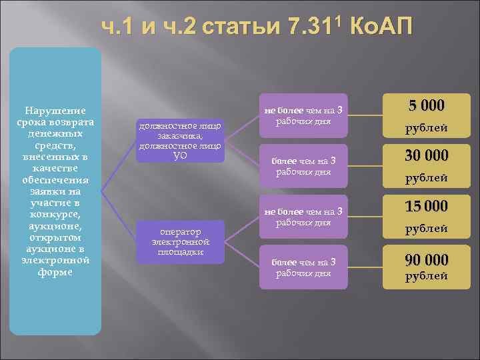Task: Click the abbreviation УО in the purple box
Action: point(179,155)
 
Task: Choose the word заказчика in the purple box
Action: point(179,135)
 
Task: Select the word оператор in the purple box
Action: point(179,231)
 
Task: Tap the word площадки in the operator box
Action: point(179,251)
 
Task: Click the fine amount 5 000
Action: point(427,105)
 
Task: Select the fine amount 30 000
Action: point(427,155)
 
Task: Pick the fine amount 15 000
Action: point(427,206)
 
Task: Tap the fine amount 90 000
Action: point(427,259)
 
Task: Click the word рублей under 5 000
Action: point(427,128)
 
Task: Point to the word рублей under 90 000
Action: point(427,275)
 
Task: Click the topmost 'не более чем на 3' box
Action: point(303,116)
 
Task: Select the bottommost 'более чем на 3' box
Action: point(303,267)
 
